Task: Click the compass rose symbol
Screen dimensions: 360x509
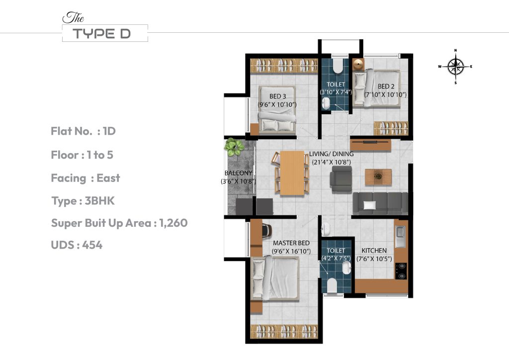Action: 455,66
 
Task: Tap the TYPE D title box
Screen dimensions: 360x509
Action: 105,33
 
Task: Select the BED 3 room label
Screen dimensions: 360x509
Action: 277,96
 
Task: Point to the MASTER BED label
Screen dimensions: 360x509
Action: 292,243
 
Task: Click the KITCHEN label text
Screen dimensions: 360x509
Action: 374,250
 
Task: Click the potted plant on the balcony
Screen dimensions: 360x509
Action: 234,146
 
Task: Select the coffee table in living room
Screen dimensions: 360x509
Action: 378,177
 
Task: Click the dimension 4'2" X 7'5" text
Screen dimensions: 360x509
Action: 336,259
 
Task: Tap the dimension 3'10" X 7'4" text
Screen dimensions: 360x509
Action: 336,92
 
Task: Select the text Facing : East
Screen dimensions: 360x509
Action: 85,178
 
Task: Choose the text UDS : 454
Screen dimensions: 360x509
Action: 77,245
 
